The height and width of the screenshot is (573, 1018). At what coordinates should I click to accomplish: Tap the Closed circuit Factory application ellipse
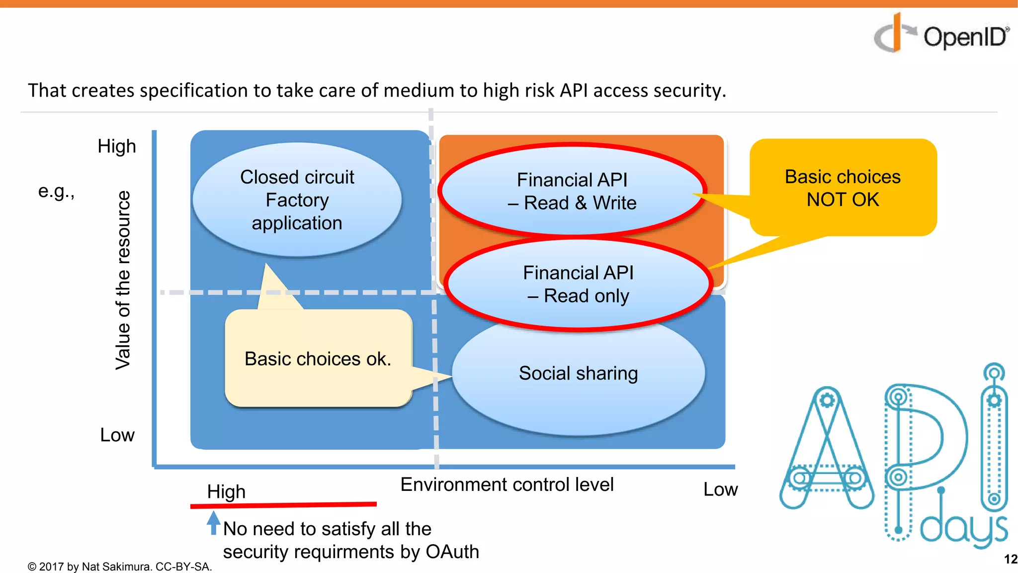297,200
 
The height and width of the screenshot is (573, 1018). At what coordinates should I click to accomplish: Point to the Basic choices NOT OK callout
843,188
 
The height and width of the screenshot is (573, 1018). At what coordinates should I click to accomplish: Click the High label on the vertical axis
117,146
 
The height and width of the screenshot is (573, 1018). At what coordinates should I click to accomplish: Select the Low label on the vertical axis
117,435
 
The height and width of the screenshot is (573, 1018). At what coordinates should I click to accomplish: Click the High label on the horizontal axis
226,491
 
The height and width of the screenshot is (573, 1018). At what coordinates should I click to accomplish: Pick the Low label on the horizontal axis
720,489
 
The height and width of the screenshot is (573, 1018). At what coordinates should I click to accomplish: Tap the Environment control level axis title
507,484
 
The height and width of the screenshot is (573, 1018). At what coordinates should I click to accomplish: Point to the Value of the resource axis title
123,280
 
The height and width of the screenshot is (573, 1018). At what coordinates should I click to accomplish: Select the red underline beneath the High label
283,505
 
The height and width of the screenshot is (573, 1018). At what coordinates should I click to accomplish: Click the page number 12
1010,559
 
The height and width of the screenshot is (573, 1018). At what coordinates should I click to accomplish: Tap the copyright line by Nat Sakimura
120,567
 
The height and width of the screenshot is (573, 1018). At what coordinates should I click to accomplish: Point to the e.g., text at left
56,191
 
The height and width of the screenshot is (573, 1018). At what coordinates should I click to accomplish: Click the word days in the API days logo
963,529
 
